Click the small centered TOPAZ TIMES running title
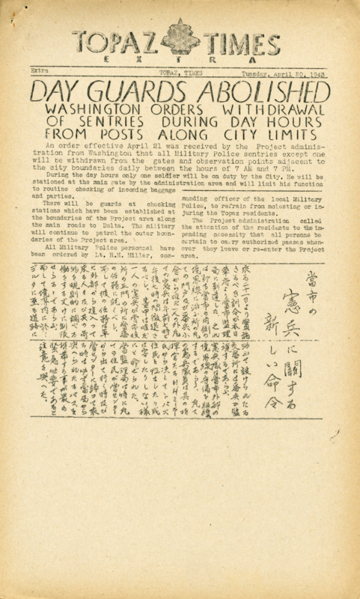(180, 72)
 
